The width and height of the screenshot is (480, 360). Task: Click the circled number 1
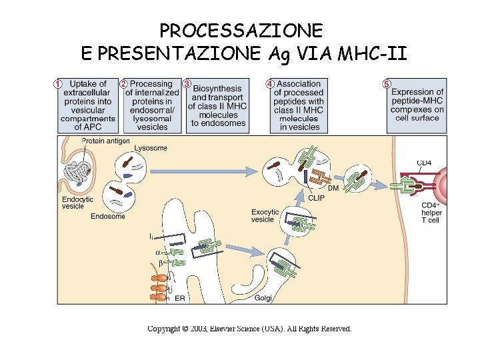(x=58, y=84)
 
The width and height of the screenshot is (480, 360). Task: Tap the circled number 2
(x=123, y=84)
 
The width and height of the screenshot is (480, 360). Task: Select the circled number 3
(x=187, y=84)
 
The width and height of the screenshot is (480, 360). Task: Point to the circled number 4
(x=269, y=84)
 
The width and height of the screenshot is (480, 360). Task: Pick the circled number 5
(x=387, y=84)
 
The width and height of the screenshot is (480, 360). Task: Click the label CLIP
(x=317, y=197)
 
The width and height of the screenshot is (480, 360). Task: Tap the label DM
(x=333, y=189)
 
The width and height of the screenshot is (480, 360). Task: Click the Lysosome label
(x=150, y=148)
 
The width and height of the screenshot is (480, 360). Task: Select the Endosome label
(x=108, y=216)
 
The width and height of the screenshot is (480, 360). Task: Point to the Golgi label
(x=263, y=298)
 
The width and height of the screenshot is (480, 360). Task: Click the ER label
(x=179, y=298)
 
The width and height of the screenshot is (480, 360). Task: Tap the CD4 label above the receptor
(x=424, y=163)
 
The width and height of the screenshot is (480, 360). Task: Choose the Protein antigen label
(x=105, y=141)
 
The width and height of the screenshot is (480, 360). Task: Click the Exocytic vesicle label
(x=265, y=215)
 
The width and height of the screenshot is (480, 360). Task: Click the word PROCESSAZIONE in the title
(x=241, y=31)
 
